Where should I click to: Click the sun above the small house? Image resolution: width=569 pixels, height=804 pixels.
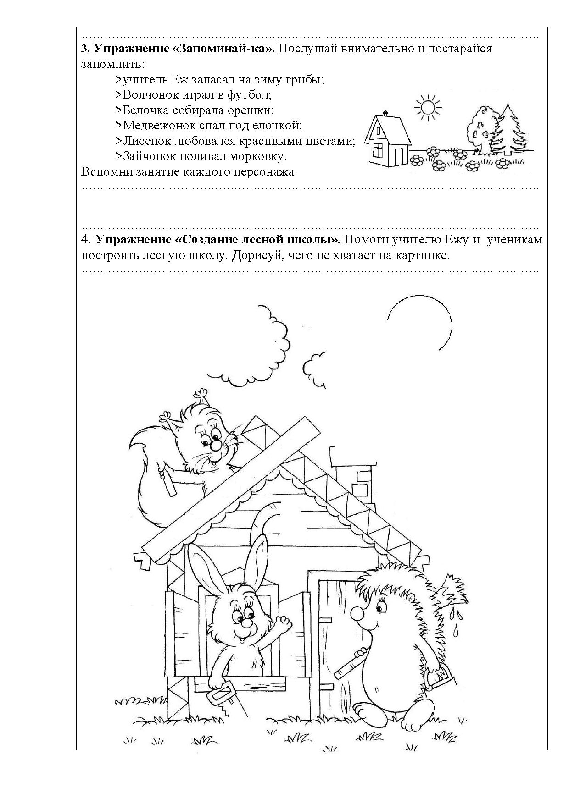coord(427,108)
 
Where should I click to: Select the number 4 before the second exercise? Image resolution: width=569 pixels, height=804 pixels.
coord(84,240)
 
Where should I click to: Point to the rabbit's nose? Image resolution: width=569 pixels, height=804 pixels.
coord(246,624)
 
